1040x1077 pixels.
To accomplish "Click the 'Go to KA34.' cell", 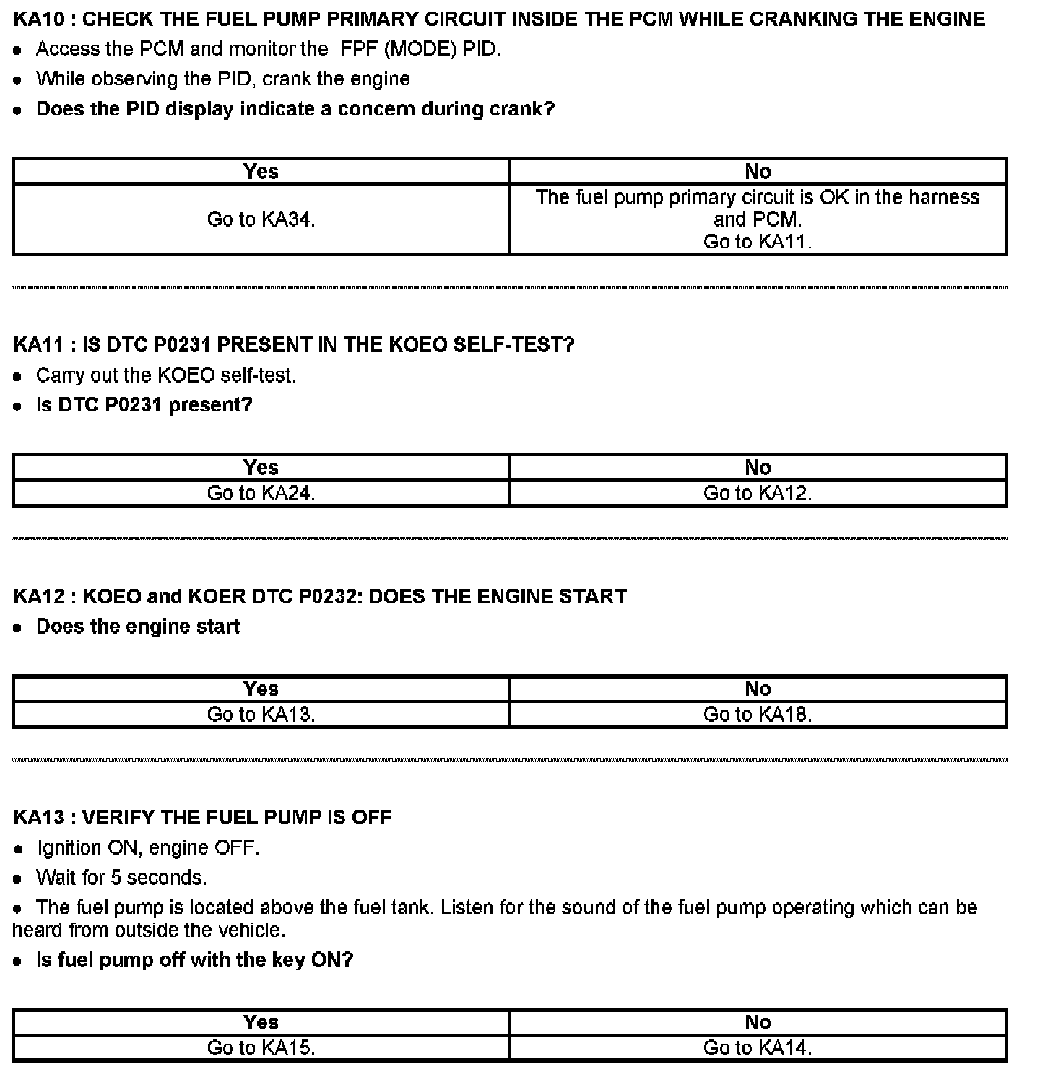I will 261,219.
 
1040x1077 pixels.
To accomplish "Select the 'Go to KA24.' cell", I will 261,493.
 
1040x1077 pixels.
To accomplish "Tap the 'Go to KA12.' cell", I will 758,493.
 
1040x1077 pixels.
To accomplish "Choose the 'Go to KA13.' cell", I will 261,715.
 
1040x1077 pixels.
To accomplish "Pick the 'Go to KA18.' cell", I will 758,715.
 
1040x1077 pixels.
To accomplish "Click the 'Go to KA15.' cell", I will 261,1048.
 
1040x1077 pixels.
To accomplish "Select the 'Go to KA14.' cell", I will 758,1048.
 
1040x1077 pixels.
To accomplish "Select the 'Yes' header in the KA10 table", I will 261,172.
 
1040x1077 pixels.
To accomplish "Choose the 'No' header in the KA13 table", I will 758,1023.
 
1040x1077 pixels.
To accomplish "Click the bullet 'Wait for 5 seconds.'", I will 121,878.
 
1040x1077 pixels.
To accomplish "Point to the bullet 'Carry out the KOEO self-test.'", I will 166,375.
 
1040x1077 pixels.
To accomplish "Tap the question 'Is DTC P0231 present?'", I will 144,405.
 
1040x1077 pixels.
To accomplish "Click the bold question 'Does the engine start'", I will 138,627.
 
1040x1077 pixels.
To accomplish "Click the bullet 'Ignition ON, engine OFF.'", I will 148,847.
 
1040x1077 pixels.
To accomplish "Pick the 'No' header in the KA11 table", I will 758,468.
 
